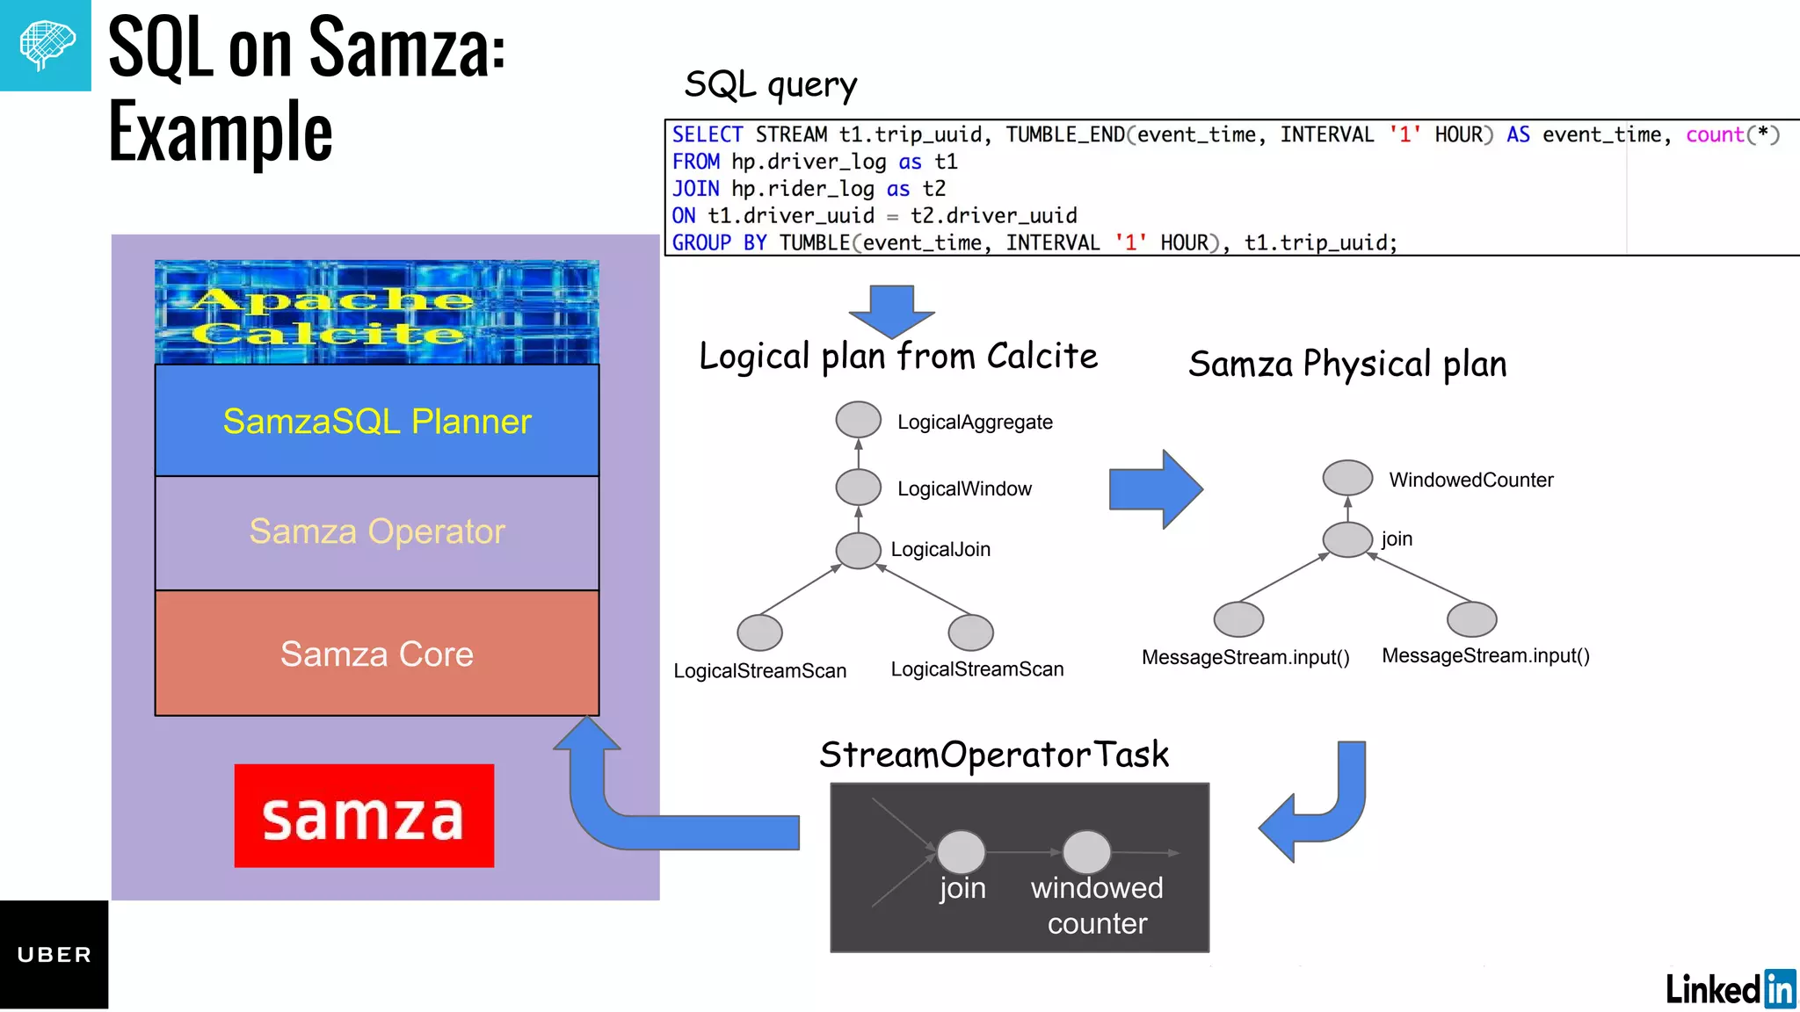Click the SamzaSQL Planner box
(376, 421)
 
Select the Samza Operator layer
(376, 532)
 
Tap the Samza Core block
(376, 654)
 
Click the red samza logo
(364, 816)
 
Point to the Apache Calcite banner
(376, 313)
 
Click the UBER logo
(54, 955)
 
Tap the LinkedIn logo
(1730, 989)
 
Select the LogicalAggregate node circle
(858, 420)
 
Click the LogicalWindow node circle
(858, 487)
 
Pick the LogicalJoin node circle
(858, 550)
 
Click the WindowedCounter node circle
(1347, 478)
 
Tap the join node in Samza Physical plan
(1347, 539)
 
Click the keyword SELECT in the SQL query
(708, 134)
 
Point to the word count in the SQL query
(1714, 134)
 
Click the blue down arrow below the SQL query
(891, 310)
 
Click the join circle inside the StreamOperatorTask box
(961, 851)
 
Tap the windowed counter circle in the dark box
(1086, 851)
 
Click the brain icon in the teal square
(46, 44)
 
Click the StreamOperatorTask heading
(993, 755)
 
